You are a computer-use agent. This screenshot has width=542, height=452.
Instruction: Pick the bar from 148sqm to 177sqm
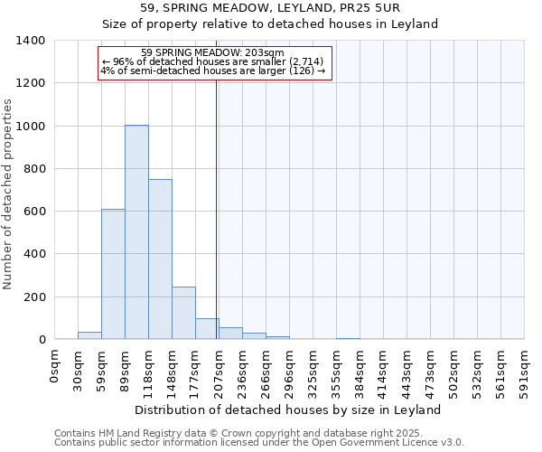(x=183, y=313)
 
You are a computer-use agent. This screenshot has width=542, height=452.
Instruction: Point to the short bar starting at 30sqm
(x=89, y=335)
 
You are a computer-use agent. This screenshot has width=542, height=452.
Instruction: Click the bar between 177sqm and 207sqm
(x=207, y=329)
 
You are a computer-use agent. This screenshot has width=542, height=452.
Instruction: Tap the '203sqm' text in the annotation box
(x=262, y=52)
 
